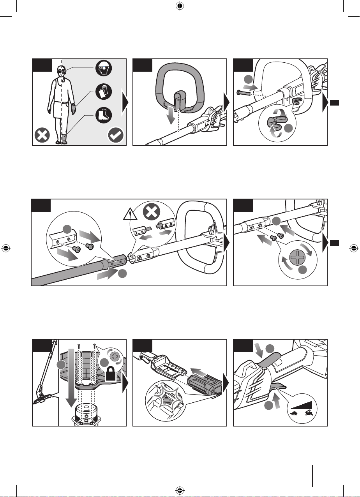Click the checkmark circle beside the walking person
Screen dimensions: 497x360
point(116,136)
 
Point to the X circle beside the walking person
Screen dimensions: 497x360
point(42,136)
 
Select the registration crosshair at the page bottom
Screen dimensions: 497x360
point(180,490)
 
